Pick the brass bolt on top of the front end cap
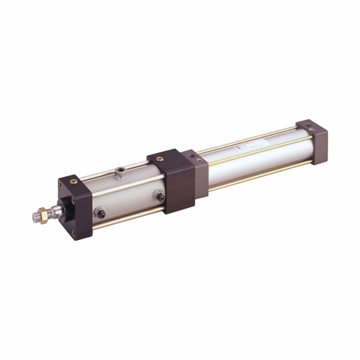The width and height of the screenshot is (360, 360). coord(73,181)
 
